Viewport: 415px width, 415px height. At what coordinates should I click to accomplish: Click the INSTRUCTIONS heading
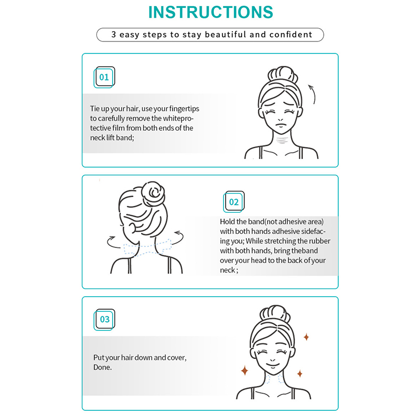pos(211,12)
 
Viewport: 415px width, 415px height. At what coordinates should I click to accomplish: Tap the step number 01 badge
pos(104,77)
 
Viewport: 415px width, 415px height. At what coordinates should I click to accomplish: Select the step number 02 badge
pos(234,202)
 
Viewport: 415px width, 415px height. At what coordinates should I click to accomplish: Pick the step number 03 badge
pos(104,320)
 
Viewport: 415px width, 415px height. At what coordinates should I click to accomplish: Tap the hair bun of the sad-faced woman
pos(282,74)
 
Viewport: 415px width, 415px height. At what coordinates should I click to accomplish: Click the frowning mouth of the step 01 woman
pos(281,125)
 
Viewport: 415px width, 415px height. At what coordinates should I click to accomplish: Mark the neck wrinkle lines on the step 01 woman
pos(282,140)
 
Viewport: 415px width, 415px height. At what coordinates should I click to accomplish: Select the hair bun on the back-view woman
pos(153,193)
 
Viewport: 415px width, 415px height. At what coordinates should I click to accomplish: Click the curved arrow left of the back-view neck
pos(113,242)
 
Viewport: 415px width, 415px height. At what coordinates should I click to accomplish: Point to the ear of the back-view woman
pos(132,228)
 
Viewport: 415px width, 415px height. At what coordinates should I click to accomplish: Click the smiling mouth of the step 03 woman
pos(273,365)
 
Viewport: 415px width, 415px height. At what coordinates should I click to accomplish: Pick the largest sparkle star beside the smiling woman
pos(244,370)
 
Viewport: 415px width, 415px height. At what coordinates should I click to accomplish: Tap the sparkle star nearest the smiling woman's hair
pos(306,337)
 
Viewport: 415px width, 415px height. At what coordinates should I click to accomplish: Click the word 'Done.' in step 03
pos(102,367)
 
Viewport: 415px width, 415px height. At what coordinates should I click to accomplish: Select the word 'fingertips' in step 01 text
pos(184,109)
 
